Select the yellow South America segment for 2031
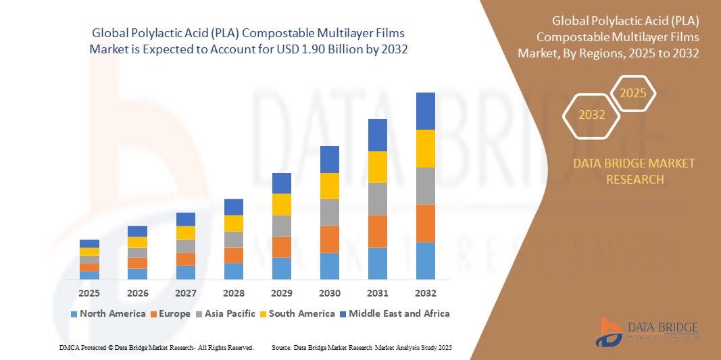click(377, 167)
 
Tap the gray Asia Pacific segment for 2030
click(329, 212)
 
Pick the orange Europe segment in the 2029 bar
click(281, 247)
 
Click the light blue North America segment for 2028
click(233, 271)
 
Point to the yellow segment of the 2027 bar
click(185, 232)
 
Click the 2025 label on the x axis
click(89, 293)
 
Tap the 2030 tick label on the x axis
click(329, 293)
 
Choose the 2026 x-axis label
click(137, 293)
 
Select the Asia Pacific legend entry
click(226, 313)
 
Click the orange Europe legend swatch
click(153, 314)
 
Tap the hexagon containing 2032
click(592, 115)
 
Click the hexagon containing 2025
click(633, 93)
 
